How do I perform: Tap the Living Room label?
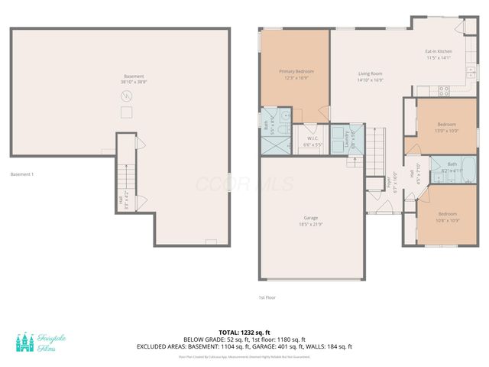point(371,76)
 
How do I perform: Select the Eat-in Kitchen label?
point(439,54)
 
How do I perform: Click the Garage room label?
point(310,220)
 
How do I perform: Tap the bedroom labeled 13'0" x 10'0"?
point(446,127)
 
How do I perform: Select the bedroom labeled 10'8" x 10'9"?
point(447,217)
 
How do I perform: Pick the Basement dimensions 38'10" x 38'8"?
point(134,82)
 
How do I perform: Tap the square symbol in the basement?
point(127,112)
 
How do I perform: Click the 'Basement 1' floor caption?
point(22,174)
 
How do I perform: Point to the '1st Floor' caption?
point(267,297)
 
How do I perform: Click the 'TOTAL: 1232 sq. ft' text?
point(244,333)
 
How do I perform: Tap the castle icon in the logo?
point(26,343)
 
